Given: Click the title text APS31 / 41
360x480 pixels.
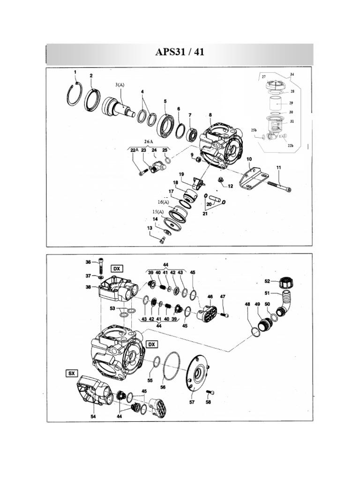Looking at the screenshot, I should (180, 52).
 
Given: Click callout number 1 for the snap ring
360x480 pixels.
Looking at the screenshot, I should (75, 72).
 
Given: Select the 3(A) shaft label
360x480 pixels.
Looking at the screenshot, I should (120, 85).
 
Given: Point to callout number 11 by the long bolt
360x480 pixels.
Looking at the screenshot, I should (278, 167).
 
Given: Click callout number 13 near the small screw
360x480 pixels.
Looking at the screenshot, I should (150, 228).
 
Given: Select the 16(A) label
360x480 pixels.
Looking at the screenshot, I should (163, 202).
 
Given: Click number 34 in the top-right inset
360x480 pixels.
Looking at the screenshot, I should (292, 75).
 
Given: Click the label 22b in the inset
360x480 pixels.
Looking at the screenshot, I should (290, 145).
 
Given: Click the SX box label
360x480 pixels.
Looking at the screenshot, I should (71, 374).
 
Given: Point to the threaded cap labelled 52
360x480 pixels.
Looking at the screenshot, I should (285, 283).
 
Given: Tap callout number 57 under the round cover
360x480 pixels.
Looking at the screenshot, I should (192, 402).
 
